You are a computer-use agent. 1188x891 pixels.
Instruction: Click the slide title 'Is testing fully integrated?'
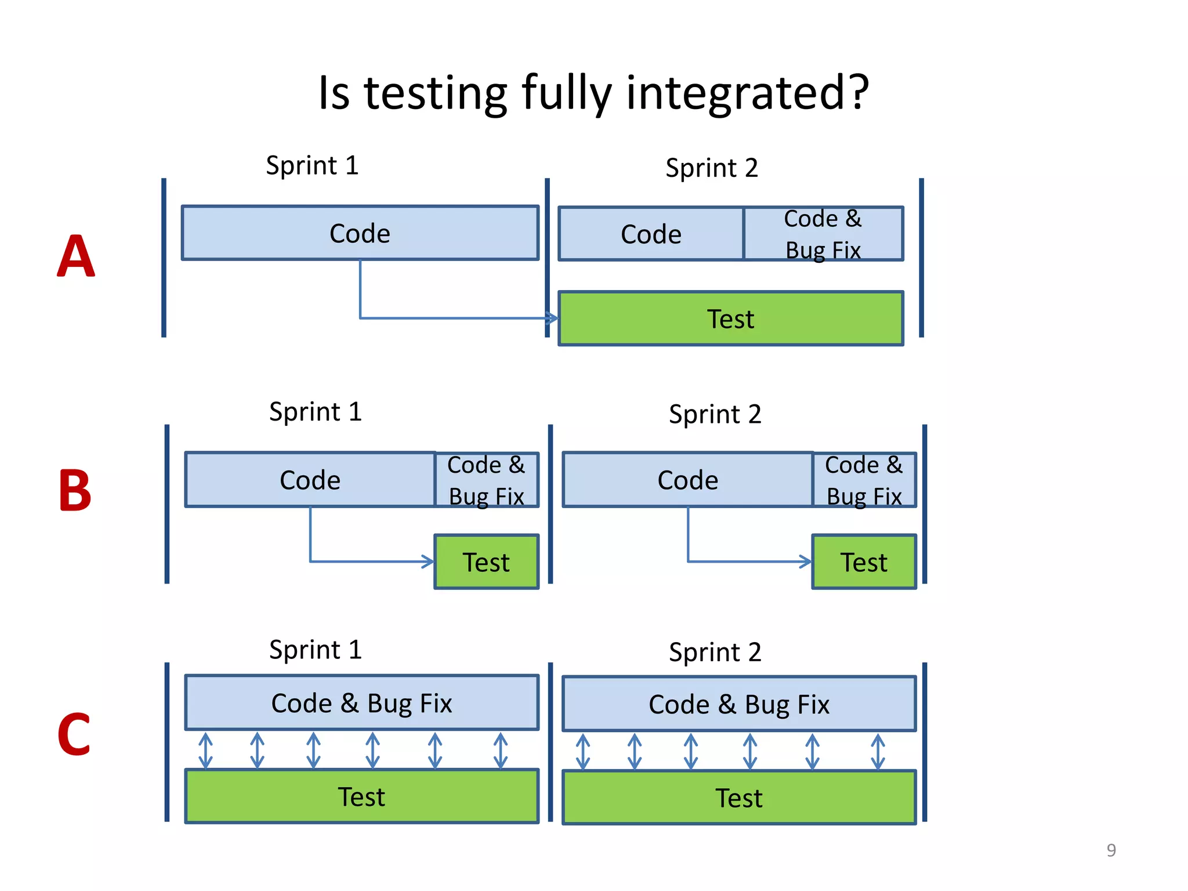pos(593,93)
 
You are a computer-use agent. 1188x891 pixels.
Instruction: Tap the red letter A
pos(75,256)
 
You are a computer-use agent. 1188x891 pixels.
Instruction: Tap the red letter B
pos(75,491)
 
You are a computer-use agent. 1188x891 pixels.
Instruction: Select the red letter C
pos(74,734)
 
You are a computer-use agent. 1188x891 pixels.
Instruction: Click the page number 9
pos(1111,850)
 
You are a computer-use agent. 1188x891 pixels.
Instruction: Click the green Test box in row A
pos(730,318)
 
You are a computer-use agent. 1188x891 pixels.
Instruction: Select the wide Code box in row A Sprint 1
pos(360,233)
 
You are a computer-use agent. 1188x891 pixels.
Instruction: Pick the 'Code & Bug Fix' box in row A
pos(823,234)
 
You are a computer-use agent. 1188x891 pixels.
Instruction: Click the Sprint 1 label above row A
pos(312,166)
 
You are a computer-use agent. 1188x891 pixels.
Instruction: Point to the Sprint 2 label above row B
pos(715,414)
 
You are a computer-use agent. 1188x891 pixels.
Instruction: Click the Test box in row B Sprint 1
pos(486,562)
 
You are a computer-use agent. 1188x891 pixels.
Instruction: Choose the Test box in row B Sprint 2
pos(864,562)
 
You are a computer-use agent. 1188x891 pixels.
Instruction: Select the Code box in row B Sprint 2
pos(687,480)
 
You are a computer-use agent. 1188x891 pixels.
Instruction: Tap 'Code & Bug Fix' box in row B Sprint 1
pos(486,480)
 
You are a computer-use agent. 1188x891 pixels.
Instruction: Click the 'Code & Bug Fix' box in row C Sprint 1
pos(361,702)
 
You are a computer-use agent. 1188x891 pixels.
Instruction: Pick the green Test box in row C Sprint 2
pos(738,798)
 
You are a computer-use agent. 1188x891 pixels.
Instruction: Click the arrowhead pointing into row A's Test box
pos(552,318)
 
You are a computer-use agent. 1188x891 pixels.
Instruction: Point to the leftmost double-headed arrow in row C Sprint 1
pos(205,751)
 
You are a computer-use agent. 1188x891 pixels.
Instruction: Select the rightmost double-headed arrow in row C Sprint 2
pos(878,752)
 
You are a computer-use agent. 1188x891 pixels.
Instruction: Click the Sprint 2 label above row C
pos(715,652)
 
